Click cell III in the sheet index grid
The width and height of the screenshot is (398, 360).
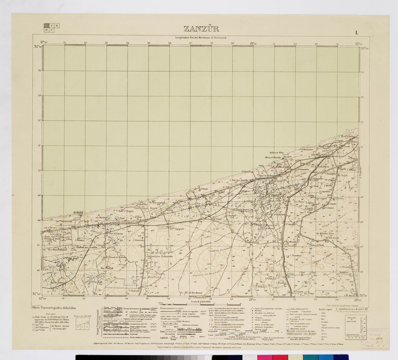pyautogui.click(x=57, y=26)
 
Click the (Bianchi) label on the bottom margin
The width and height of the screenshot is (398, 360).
pyautogui.click(x=199, y=297)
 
